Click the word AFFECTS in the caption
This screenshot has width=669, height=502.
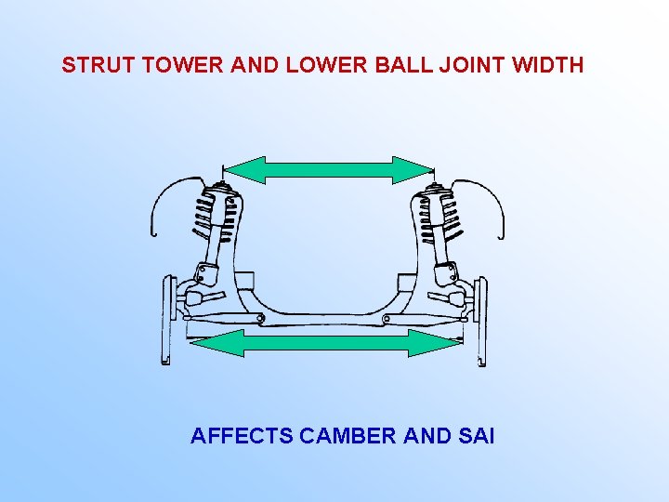(x=242, y=435)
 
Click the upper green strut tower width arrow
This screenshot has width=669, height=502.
(x=328, y=169)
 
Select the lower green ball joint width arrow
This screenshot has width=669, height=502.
(x=325, y=343)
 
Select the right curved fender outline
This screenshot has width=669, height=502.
(x=484, y=199)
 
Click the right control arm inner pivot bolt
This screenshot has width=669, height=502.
(x=386, y=320)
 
